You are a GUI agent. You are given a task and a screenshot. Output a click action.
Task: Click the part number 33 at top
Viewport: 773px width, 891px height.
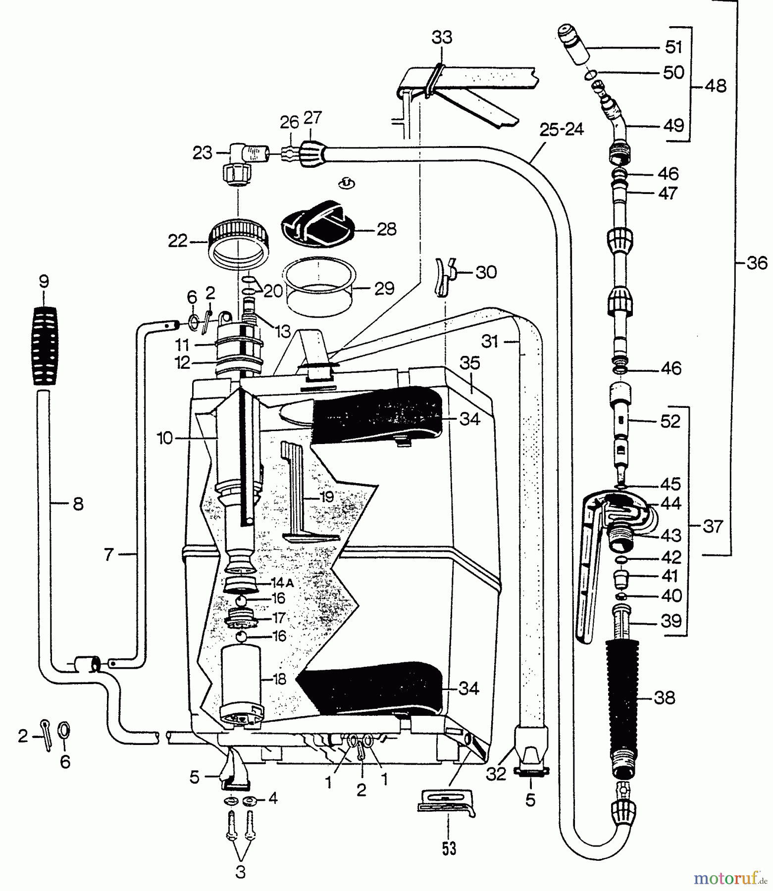click(x=442, y=37)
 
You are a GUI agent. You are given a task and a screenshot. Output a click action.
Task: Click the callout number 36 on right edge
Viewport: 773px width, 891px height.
click(x=756, y=263)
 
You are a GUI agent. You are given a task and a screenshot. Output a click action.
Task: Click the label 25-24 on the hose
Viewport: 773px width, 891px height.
click(x=561, y=130)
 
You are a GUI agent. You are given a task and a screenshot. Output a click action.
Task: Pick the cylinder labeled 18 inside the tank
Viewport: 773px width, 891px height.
click(x=240, y=683)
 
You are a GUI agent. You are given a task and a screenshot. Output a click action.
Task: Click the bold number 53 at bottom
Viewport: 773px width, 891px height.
click(x=449, y=848)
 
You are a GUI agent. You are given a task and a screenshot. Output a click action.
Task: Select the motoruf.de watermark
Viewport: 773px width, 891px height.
click(x=730, y=879)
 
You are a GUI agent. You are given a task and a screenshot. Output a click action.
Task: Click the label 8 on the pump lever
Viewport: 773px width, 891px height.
click(x=78, y=504)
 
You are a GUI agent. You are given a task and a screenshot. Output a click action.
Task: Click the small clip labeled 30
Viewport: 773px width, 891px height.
click(x=444, y=276)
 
